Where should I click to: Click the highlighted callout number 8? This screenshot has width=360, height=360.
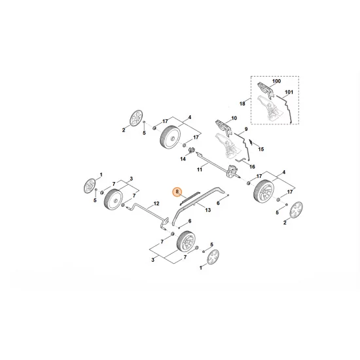[175, 192]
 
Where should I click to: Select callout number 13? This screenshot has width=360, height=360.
[207, 210]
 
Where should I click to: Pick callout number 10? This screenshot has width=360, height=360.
[229, 118]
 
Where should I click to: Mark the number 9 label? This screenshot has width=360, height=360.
[245, 129]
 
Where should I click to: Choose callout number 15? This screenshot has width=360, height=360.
[261, 149]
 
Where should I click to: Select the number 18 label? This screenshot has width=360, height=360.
[242, 103]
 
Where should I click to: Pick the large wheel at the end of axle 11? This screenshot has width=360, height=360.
[264, 190]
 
